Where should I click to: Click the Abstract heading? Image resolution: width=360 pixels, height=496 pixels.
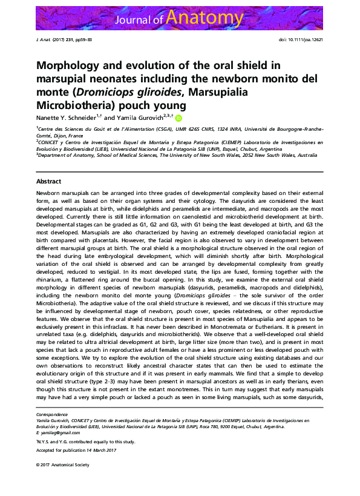tap(48, 181)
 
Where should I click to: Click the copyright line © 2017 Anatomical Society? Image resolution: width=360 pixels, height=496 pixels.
tap(62, 465)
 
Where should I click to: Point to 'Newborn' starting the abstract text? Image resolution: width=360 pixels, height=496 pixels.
tap(48, 191)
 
